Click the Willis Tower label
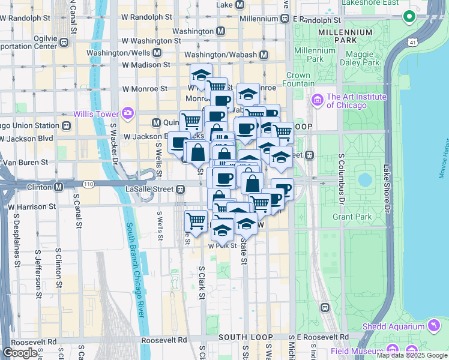[x=96, y=113]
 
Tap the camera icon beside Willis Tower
[x=127, y=113]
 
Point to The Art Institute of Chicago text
[x=355, y=101]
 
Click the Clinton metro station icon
[x=58, y=187]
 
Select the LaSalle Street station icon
[x=180, y=190]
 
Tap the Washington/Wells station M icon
[x=157, y=53]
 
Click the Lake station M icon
[x=240, y=5]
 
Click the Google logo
[x=20, y=353]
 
